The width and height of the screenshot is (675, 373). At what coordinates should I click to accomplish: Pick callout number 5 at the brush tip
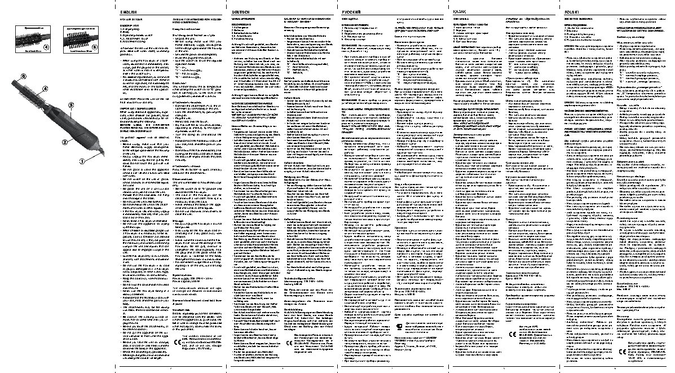tap(24, 76)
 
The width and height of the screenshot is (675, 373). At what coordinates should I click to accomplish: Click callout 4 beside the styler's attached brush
tap(45, 89)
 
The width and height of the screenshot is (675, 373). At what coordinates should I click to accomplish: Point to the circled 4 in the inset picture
tap(47, 47)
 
